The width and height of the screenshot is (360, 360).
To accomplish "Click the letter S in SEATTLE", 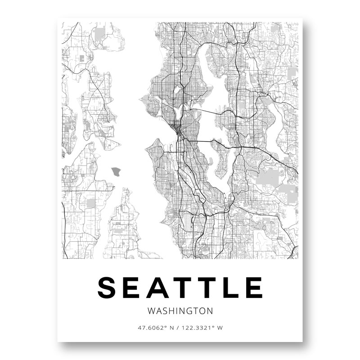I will tap(108, 287).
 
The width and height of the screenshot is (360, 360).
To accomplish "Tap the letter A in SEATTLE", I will tap(156, 287).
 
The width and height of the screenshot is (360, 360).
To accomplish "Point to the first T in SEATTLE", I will tap(180, 287).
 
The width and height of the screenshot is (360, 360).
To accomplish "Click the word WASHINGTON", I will tap(180, 310).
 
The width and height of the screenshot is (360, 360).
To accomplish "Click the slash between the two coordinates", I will tap(178, 328).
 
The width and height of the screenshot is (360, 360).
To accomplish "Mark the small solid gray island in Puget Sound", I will tap(117, 171).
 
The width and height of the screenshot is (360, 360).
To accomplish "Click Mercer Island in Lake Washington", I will tap(221, 162).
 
